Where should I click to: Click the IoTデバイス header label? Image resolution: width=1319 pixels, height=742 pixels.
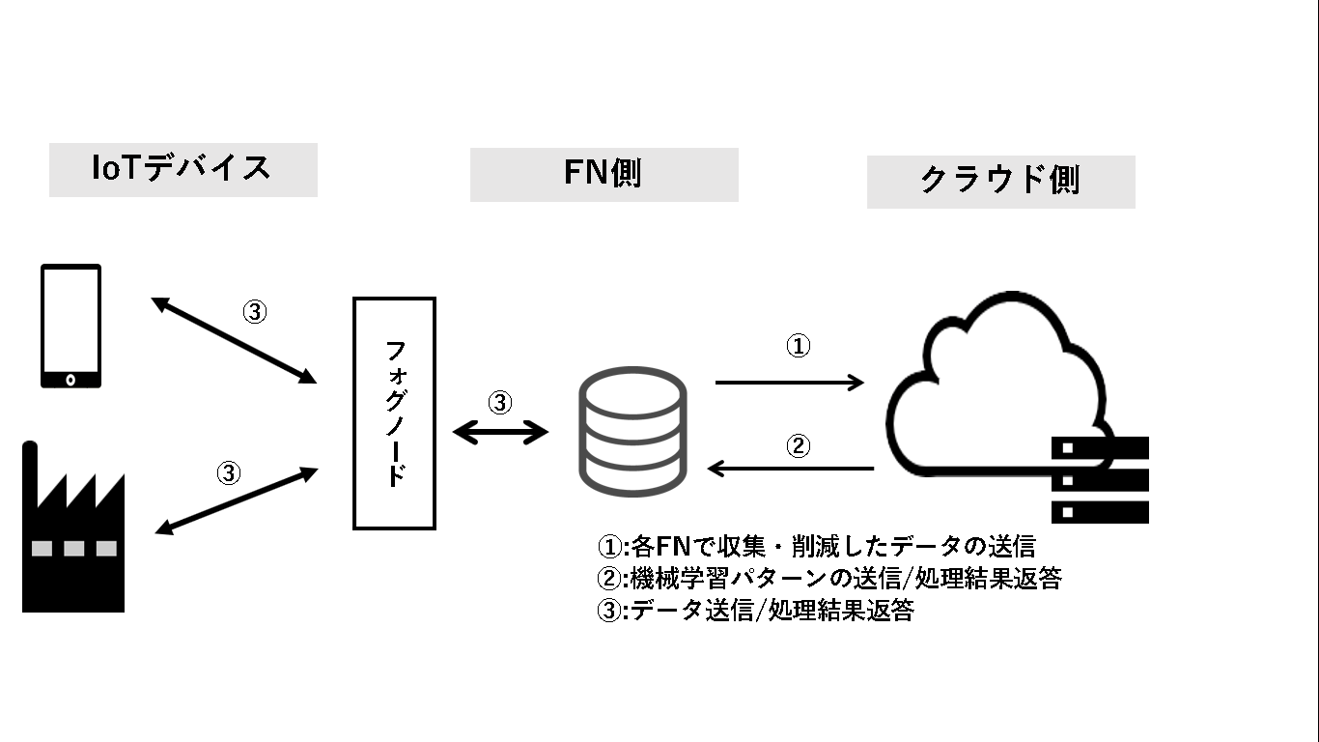click(182, 169)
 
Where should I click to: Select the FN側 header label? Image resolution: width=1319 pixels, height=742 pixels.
click(603, 174)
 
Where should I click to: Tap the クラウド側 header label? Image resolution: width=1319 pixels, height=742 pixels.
click(1000, 181)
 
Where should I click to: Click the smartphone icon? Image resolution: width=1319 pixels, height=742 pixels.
click(70, 326)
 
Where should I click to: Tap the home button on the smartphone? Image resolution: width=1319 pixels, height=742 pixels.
click(70, 377)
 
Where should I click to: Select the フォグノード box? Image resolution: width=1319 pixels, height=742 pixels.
click(394, 414)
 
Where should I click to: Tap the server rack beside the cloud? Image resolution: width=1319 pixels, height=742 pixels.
click(1100, 480)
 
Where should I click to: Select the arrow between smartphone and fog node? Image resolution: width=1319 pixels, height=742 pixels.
click(235, 339)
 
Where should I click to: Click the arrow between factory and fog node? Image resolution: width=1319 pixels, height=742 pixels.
click(237, 500)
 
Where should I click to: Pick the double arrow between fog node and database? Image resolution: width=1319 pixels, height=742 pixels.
click(500, 433)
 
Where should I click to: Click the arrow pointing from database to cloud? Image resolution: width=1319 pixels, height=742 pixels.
click(789, 383)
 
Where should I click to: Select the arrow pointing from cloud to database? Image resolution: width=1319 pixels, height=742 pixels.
click(791, 469)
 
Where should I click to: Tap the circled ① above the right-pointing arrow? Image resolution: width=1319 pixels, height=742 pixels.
click(798, 347)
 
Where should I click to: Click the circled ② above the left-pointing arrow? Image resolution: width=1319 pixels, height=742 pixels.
click(798, 446)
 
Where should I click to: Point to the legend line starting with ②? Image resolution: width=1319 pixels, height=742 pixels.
click(830, 579)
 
